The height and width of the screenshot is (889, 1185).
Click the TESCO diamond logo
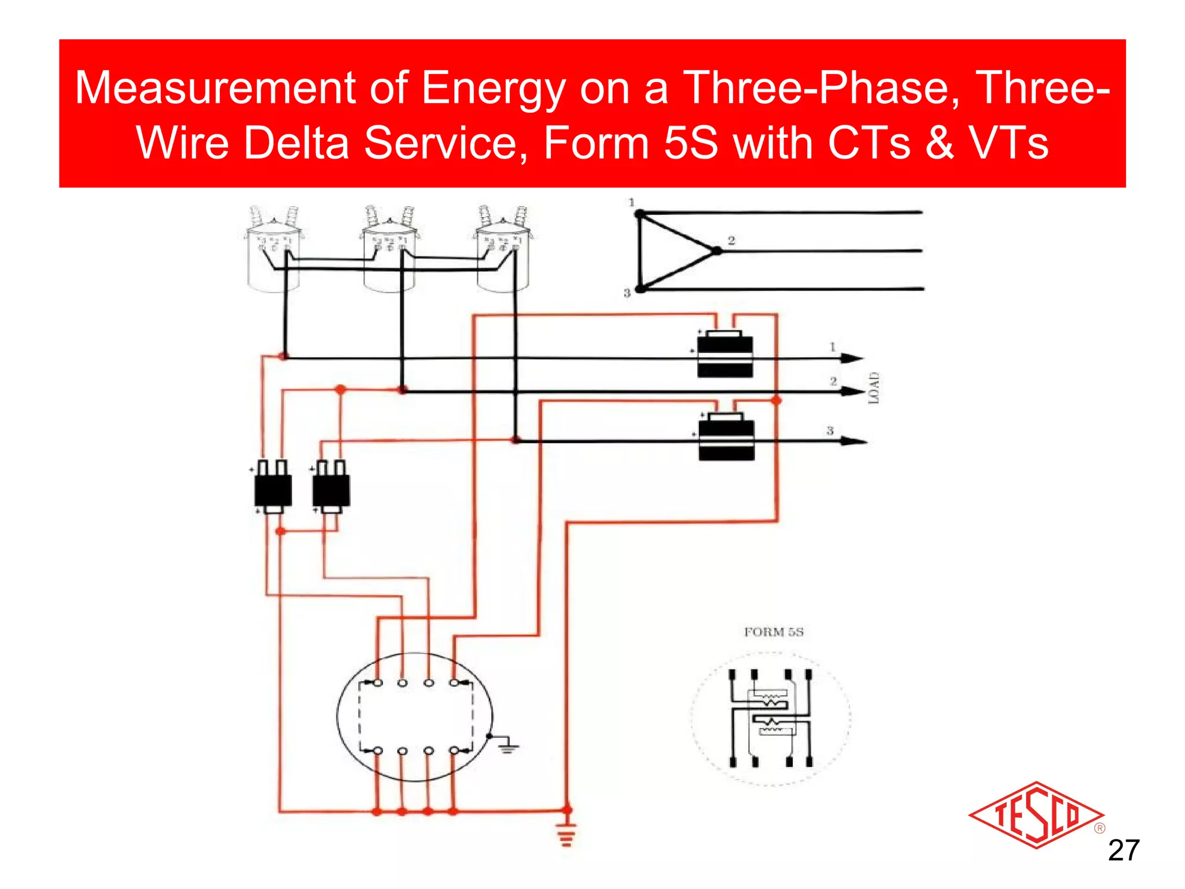coord(1036,815)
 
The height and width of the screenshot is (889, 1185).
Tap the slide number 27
coord(1123,851)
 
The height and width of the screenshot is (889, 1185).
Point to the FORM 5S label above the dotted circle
coord(774,632)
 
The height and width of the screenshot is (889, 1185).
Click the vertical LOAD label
coord(874,388)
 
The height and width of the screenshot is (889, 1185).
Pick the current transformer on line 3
coord(726,438)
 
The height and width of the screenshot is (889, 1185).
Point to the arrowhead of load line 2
coord(853,392)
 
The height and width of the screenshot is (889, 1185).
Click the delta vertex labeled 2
coord(717,251)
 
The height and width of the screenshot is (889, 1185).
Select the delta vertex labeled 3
coord(641,288)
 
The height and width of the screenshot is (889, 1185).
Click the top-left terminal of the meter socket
coord(377,683)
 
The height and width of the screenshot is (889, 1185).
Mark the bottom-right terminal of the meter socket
coord(454,751)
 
